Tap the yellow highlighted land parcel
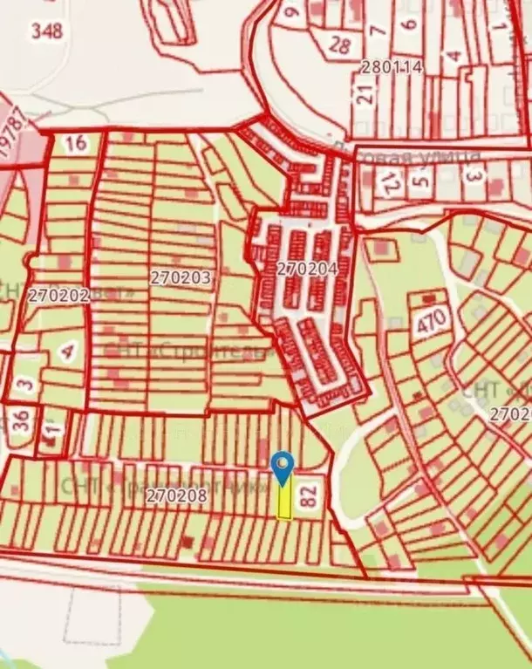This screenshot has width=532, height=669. (284, 502)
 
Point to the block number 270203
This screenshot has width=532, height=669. (181, 278)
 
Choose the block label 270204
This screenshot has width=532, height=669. (307, 270)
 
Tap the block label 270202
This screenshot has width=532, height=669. (58, 295)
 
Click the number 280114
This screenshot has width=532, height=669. (392, 66)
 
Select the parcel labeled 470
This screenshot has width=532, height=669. (433, 319)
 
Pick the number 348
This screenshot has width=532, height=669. (46, 31)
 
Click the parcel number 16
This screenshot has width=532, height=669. (76, 143)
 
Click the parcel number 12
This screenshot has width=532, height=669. (390, 182)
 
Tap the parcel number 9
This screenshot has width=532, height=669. (291, 11)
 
